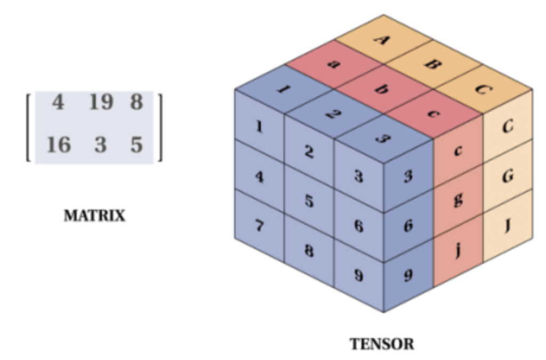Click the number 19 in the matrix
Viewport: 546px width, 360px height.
click(101, 101)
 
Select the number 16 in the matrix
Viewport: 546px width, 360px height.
click(59, 144)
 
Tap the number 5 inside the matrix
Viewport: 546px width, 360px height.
click(137, 144)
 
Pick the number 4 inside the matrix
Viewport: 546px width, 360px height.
click(58, 101)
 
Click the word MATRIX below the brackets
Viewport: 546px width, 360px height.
click(94, 216)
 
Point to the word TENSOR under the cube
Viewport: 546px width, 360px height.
click(382, 344)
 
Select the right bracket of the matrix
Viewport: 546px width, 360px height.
click(159, 127)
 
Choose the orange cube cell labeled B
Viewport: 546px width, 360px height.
click(432, 64)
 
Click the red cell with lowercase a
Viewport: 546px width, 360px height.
click(334, 64)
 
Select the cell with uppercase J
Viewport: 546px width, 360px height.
click(508, 225)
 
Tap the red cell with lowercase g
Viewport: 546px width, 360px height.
click(458, 200)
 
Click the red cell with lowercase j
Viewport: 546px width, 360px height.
click(458, 250)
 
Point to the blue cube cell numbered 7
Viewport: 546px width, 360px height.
click(260, 226)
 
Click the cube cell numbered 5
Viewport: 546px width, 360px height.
click(309, 201)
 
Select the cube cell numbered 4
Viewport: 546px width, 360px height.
click(260, 176)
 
